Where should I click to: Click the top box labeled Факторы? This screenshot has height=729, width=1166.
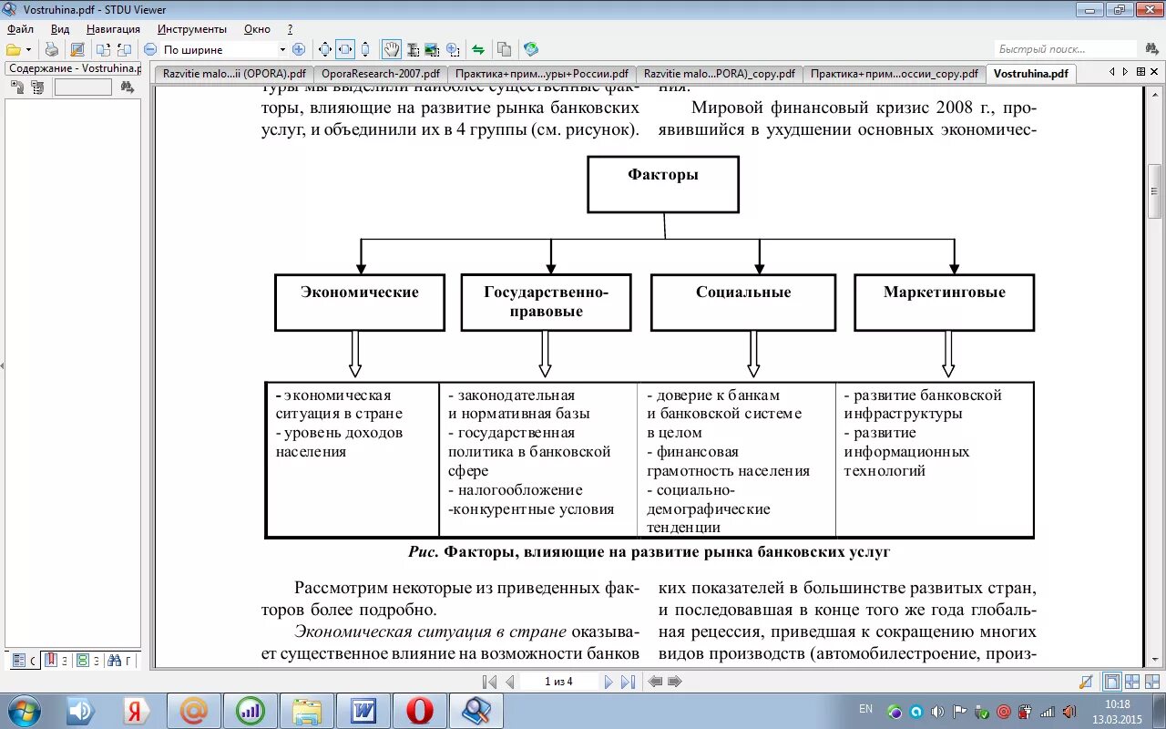(x=662, y=184)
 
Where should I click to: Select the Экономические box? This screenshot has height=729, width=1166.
(x=360, y=303)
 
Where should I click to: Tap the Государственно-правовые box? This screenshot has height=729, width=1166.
(x=546, y=303)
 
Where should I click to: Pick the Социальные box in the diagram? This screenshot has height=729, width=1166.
(x=742, y=303)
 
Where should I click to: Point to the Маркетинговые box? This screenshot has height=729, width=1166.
(x=944, y=303)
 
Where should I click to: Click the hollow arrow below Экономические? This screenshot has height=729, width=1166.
(x=355, y=354)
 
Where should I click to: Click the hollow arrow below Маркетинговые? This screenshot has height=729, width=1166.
(x=948, y=354)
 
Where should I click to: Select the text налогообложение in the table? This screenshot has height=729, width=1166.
(x=519, y=490)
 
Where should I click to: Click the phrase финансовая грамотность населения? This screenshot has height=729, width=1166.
(x=728, y=461)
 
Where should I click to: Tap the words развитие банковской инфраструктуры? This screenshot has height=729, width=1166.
(x=922, y=405)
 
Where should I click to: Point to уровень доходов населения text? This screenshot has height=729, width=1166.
(x=339, y=442)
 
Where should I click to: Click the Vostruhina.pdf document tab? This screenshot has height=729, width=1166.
(x=1030, y=74)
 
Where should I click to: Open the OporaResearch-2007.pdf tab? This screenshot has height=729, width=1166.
(x=380, y=74)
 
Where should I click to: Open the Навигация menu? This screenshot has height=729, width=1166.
(x=113, y=29)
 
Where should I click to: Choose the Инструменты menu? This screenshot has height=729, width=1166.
(x=191, y=29)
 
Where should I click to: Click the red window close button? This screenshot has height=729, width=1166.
(x=1144, y=10)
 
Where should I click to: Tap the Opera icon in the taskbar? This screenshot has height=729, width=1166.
(x=419, y=709)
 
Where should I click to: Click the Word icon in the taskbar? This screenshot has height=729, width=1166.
(x=363, y=709)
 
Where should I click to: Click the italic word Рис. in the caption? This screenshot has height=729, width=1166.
(x=424, y=552)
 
